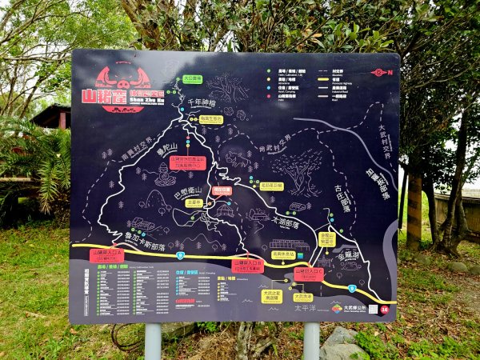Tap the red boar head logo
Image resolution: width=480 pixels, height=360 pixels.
122,76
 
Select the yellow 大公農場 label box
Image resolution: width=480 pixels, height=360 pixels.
192,78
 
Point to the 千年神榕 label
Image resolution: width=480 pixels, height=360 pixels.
202,103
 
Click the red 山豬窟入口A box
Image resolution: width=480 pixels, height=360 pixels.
107,255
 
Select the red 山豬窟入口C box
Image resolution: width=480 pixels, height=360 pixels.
308,273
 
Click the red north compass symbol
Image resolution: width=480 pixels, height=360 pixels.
378,72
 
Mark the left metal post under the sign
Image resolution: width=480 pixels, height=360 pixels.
153,341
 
